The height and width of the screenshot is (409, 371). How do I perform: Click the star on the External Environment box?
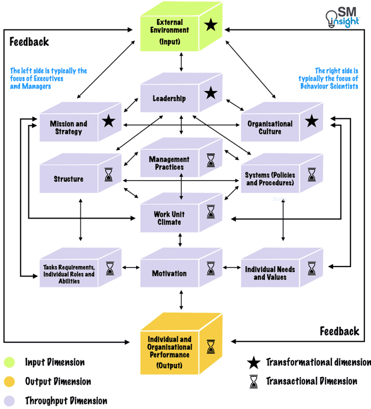211,26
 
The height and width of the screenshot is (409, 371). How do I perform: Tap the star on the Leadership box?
211,94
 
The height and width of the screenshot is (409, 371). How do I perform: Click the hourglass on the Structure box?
109,175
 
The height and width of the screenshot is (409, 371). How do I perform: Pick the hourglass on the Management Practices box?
211,160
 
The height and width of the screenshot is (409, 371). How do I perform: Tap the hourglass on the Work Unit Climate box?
211,212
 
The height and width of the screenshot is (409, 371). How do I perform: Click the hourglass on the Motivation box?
211,268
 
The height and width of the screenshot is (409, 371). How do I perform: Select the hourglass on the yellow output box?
211,346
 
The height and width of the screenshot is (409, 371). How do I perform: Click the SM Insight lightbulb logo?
331,18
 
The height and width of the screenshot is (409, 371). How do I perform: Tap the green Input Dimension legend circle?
9,362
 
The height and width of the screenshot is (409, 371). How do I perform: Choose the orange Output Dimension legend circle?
9,381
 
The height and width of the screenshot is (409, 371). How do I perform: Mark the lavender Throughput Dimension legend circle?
9,401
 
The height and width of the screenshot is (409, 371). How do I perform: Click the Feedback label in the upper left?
29,42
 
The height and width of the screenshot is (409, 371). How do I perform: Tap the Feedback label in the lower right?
339,331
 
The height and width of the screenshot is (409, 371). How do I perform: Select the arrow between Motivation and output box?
182,300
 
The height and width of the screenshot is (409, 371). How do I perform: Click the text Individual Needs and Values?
270,273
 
